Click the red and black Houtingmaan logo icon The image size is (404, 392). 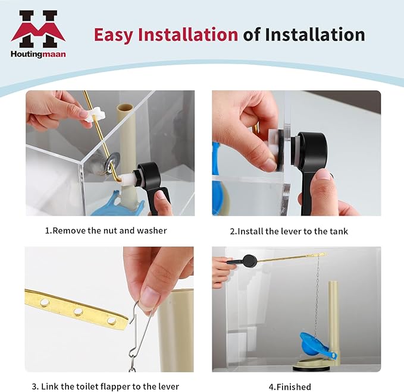37,29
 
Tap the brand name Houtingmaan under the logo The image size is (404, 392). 37,54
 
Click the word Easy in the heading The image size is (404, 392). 114,34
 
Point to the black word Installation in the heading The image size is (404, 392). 315,34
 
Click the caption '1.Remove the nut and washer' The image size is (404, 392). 106,230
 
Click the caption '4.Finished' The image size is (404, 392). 290,387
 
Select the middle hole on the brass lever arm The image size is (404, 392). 78,311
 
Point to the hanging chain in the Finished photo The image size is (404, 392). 317,297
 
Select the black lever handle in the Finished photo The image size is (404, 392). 248,260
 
